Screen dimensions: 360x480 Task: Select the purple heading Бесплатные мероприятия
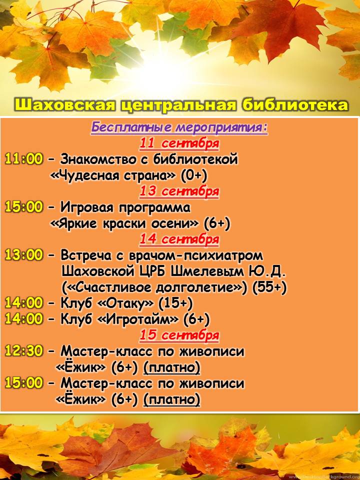tap(179, 128)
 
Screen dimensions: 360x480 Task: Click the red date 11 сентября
tap(179, 143)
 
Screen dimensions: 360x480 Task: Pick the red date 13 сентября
tap(179, 191)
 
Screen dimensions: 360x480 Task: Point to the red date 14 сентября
tap(179, 239)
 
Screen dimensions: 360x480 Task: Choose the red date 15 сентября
tap(179, 335)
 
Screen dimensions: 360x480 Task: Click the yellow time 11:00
tap(24, 159)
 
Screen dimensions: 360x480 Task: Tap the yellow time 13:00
tap(24, 255)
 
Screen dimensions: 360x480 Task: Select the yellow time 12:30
tap(24, 351)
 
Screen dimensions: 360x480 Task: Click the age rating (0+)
tap(194, 175)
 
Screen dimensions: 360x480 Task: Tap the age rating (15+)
tap(175, 303)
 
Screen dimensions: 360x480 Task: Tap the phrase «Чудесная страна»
tap(112, 175)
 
